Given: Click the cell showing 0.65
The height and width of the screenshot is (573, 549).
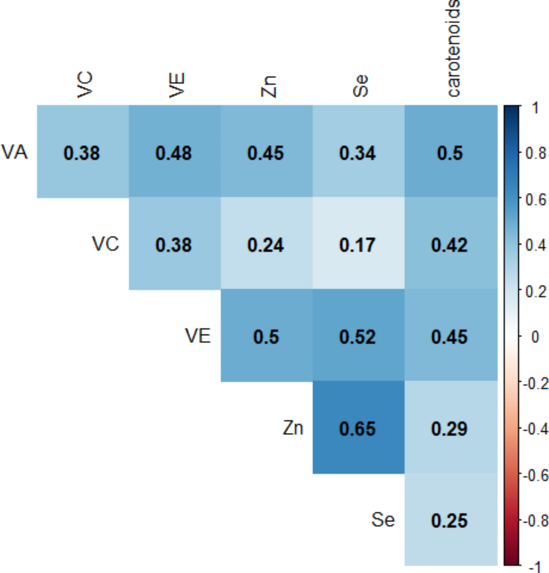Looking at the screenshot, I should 358,428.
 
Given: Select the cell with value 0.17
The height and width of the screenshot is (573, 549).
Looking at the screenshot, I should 358,244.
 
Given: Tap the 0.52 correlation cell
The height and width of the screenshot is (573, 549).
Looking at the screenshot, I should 358,336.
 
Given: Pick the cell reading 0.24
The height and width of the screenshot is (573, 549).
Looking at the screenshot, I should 266,244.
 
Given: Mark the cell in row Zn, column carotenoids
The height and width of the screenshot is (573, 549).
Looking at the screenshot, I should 450,428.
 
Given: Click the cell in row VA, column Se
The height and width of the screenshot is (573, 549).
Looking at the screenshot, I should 358,152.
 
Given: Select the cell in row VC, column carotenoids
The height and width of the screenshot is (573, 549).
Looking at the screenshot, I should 450,244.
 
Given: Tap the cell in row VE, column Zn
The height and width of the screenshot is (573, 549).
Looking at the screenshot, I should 266,336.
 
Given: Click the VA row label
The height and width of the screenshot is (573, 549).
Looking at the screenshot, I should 15,152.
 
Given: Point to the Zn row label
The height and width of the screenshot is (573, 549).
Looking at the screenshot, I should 293,428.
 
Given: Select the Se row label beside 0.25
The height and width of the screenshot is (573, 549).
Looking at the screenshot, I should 383,520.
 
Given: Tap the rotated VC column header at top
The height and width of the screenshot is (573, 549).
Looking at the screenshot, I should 84,85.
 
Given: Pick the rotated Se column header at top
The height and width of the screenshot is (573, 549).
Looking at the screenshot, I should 361,86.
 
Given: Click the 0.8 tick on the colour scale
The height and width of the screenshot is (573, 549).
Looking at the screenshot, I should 535,153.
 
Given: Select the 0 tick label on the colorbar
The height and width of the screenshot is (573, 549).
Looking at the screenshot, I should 535,336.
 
